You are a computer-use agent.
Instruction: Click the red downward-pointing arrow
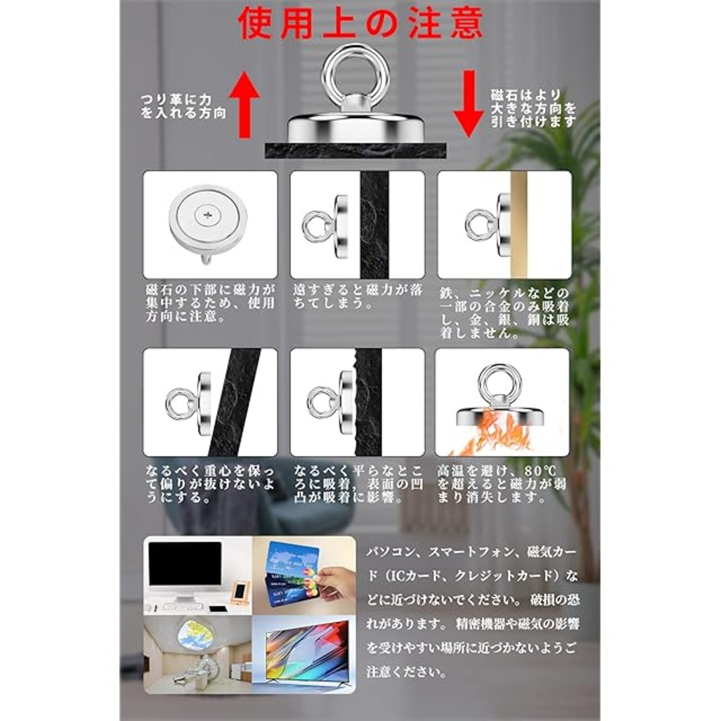(469, 104)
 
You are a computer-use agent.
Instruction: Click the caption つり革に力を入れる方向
(183, 106)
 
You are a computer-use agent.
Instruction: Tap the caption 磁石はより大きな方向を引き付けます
(533, 108)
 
